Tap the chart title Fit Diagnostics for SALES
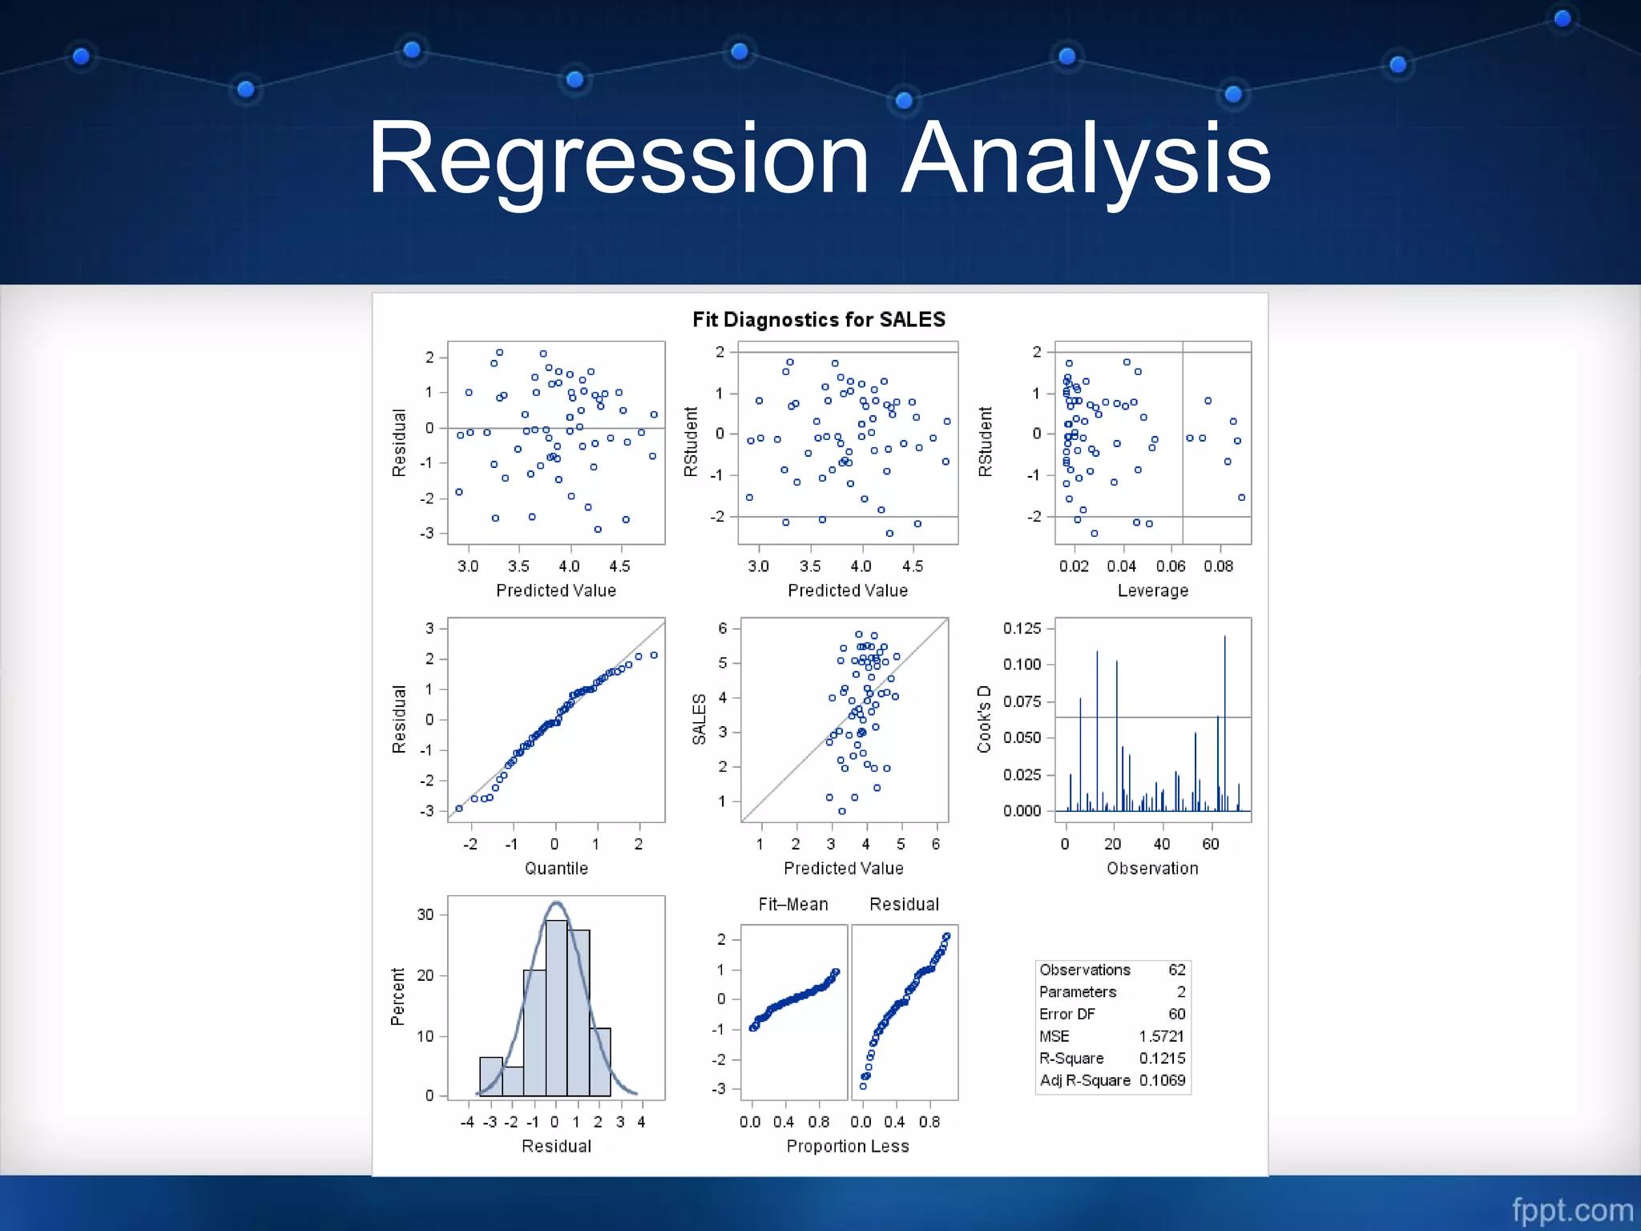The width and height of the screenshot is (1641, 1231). tap(819, 320)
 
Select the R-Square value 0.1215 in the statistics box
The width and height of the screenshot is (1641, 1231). tap(1162, 1059)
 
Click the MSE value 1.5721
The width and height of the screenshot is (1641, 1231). tap(1162, 1036)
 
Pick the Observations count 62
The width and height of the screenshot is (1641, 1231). tap(1176, 970)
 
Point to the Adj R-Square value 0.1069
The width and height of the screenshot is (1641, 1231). tap(1162, 1080)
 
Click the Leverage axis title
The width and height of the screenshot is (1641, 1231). tap(1152, 591)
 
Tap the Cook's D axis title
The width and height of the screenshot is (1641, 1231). tap(984, 719)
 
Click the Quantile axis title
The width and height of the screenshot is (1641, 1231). tap(556, 869)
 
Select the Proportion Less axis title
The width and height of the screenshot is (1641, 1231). tap(848, 1147)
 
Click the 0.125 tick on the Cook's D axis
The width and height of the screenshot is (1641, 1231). tap(1022, 628)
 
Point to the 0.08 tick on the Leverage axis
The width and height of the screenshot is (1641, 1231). tap(1218, 567)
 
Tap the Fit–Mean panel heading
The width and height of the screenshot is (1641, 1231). tap(793, 905)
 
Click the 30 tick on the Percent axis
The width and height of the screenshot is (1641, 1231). tap(425, 914)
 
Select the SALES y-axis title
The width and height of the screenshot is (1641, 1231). tap(699, 719)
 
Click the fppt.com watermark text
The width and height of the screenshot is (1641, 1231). tap(1572, 1209)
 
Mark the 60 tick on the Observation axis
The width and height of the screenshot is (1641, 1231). tap(1210, 844)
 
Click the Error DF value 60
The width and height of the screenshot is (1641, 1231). tap(1176, 1014)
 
